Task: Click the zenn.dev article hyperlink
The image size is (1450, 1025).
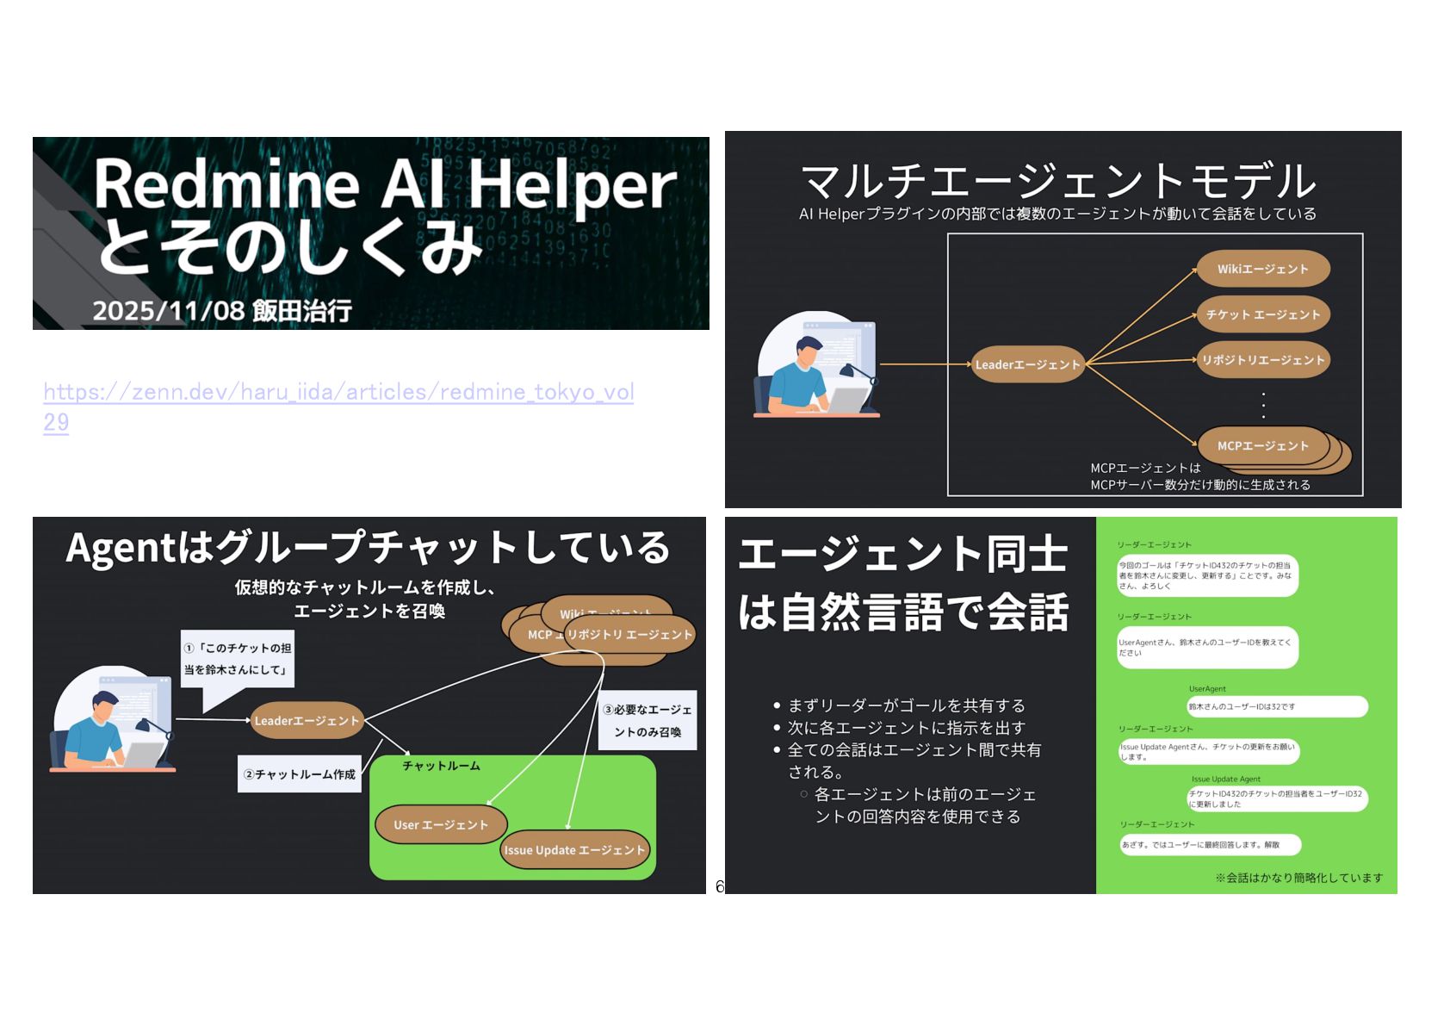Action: point(338,393)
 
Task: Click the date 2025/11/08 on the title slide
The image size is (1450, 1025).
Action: point(168,311)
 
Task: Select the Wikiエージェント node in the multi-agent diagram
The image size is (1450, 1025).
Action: point(1262,269)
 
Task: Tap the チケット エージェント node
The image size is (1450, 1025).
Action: point(1262,314)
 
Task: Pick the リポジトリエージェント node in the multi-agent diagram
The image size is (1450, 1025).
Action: point(1262,360)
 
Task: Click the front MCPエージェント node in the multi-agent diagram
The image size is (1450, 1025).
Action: point(1261,445)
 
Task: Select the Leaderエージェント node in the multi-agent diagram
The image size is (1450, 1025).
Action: point(1026,364)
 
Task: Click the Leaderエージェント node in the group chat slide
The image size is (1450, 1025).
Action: point(306,720)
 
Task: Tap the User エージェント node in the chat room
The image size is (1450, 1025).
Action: point(441,824)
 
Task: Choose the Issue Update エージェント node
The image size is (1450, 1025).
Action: point(574,850)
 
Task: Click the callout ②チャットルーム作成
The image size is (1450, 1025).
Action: point(299,774)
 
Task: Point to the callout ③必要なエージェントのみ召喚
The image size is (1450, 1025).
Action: point(648,721)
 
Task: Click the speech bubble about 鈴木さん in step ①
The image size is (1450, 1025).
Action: point(237,659)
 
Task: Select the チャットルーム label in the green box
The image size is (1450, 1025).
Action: point(441,766)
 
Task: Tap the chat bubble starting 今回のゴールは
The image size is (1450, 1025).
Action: point(1205,575)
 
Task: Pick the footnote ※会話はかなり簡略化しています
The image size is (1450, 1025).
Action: point(1298,878)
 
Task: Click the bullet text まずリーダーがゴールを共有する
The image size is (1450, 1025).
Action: point(907,705)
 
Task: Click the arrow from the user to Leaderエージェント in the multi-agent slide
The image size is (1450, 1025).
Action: point(925,364)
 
